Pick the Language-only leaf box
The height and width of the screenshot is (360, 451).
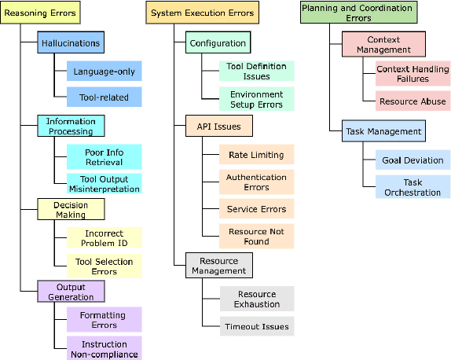coord(104,72)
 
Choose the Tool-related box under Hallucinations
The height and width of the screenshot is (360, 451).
coord(104,97)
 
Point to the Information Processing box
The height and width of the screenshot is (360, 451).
coord(71,126)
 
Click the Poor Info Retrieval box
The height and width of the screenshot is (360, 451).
coord(104,156)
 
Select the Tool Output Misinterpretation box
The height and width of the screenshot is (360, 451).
coord(104,183)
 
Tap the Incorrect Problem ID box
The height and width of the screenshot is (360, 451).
coord(104,237)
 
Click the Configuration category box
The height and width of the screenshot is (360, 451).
coord(217,43)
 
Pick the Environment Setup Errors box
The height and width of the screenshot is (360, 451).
coord(256,98)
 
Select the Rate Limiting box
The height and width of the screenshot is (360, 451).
coord(256,155)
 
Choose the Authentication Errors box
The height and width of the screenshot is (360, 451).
coord(256,182)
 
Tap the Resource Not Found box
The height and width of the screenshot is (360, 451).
coord(256,237)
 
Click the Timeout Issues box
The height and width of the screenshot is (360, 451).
coord(256,326)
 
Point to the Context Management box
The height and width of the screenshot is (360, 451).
coord(383,44)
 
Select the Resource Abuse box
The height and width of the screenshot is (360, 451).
coord(412,101)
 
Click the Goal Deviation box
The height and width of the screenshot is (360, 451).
coord(412,160)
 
